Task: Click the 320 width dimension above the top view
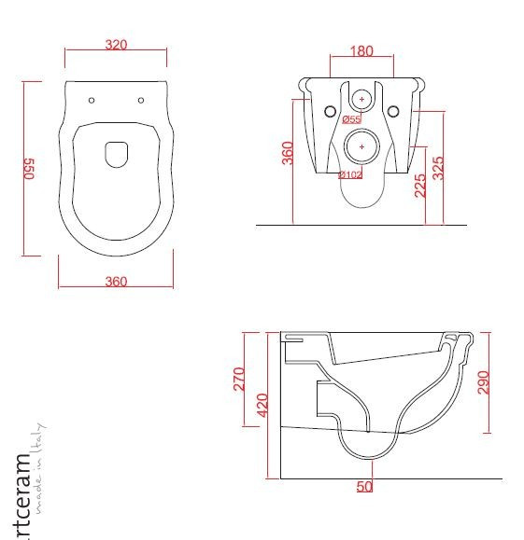(116, 45)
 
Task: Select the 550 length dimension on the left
(29, 168)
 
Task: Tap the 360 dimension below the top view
(116, 282)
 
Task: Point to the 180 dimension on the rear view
(362, 51)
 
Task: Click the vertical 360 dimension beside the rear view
(288, 153)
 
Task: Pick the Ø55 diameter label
(351, 119)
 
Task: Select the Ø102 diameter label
(350, 174)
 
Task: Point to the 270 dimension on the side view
(238, 379)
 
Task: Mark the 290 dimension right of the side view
(483, 382)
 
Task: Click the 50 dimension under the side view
(364, 486)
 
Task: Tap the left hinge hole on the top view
(92, 100)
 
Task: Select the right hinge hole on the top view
(140, 100)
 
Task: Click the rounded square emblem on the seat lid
(117, 154)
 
